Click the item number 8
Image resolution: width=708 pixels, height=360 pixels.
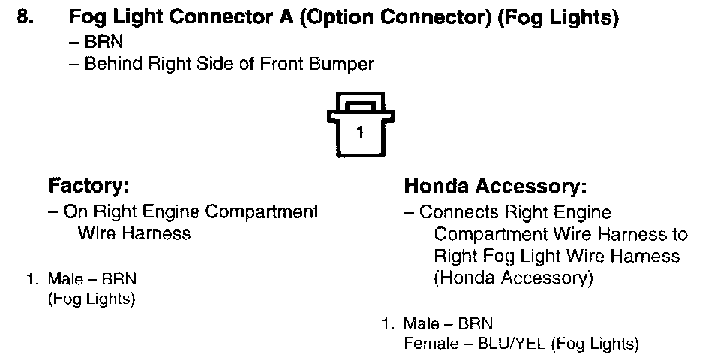tap(25, 19)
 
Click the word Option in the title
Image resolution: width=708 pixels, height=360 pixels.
tap(337, 19)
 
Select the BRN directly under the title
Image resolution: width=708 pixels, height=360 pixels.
tap(98, 43)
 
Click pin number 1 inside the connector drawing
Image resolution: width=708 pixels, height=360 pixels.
tap(360, 133)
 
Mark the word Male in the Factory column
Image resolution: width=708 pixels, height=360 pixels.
tap(64, 279)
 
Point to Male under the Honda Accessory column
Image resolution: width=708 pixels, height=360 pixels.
tap(420, 325)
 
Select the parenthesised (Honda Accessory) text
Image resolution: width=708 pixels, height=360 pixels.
tap(514, 278)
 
